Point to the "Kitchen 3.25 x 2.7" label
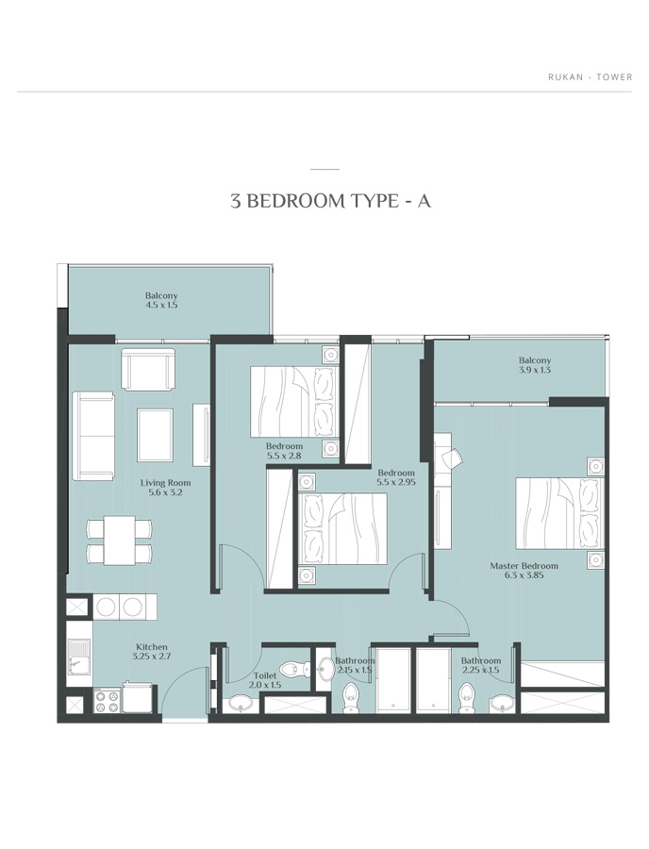(152, 652)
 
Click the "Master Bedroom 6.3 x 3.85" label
(524, 572)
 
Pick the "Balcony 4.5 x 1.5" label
(161, 300)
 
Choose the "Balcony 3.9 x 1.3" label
(534, 365)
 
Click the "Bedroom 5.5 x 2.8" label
(284, 450)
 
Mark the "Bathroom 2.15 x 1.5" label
(355, 665)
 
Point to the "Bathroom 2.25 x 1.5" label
(480, 665)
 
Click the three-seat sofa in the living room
(93, 435)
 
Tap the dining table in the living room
(119, 540)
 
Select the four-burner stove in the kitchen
(107, 700)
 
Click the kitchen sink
(77, 658)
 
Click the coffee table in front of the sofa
(155, 431)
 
